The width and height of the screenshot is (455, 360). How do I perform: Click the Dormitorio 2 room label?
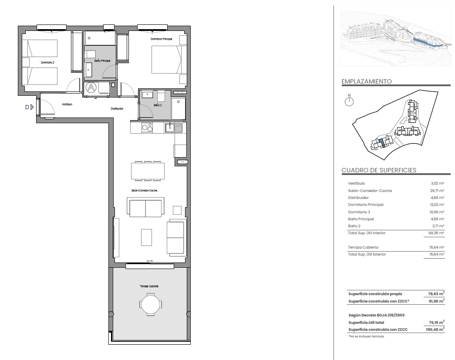tap(47, 62)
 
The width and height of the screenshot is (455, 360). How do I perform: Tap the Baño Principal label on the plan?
tap(102, 61)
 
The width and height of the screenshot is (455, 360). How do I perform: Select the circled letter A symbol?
tap(91, 87)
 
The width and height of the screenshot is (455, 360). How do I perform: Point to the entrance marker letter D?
tap(27, 108)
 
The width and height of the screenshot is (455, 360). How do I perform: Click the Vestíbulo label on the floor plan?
tap(67, 104)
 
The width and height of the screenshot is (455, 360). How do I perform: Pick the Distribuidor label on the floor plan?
tap(117, 108)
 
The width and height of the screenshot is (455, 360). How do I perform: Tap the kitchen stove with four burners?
tap(147, 128)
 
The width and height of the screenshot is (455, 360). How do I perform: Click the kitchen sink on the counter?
tap(174, 128)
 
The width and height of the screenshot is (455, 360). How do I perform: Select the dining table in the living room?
tap(148, 171)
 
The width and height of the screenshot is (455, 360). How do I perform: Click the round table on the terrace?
tap(150, 305)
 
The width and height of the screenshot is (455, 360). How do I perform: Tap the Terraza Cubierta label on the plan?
tap(149, 286)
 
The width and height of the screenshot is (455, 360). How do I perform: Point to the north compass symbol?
tap(349, 101)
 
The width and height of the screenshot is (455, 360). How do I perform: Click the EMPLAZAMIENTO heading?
tap(367, 81)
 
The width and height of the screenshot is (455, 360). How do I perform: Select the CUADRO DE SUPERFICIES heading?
tap(379, 170)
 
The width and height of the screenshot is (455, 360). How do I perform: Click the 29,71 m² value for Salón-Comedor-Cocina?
tap(437, 191)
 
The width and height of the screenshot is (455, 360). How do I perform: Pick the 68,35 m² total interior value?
tap(436, 233)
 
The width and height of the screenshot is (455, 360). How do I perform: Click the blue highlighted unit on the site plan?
tap(382, 143)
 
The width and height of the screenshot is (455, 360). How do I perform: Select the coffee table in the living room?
tap(147, 237)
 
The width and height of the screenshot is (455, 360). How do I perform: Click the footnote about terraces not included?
tap(366, 336)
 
